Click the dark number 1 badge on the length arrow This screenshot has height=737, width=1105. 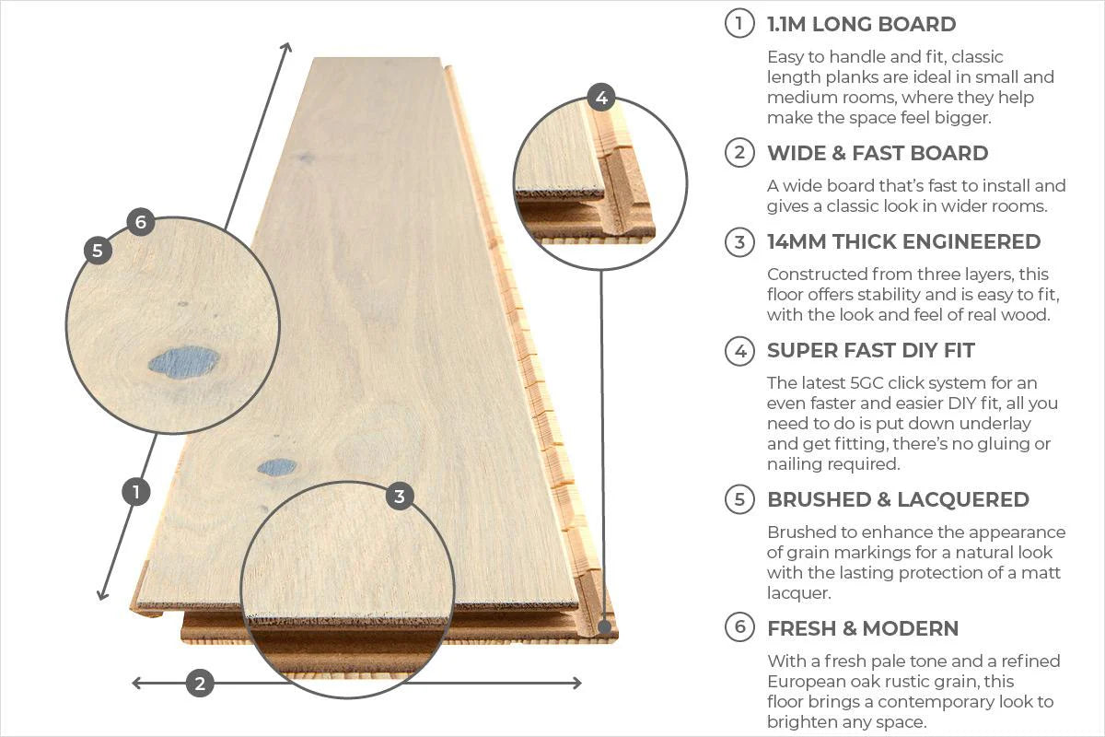pyautogui.click(x=136, y=492)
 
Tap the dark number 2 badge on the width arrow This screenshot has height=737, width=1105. pyautogui.click(x=200, y=684)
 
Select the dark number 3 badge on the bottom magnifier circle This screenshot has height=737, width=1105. pyautogui.click(x=399, y=497)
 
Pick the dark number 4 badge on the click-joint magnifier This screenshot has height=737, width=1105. pyautogui.click(x=601, y=98)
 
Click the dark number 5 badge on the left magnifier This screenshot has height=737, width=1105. pyautogui.click(x=98, y=251)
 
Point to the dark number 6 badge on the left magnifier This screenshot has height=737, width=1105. pyautogui.click(x=141, y=222)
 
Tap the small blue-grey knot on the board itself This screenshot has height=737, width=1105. pyautogui.click(x=277, y=467)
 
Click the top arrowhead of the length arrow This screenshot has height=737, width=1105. pyautogui.click(x=286, y=48)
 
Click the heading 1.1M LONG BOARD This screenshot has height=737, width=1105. pyautogui.click(x=861, y=25)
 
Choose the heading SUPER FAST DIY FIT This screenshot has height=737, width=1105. pyautogui.click(x=870, y=350)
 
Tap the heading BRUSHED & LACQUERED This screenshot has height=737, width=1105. pyautogui.click(x=898, y=499)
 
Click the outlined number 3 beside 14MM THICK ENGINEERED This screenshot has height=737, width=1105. pyautogui.click(x=739, y=242)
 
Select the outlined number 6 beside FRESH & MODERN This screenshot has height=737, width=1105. pyautogui.click(x=739, y=628)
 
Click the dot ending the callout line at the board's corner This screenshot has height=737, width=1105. pyautogui.click(x=604, y=627)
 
